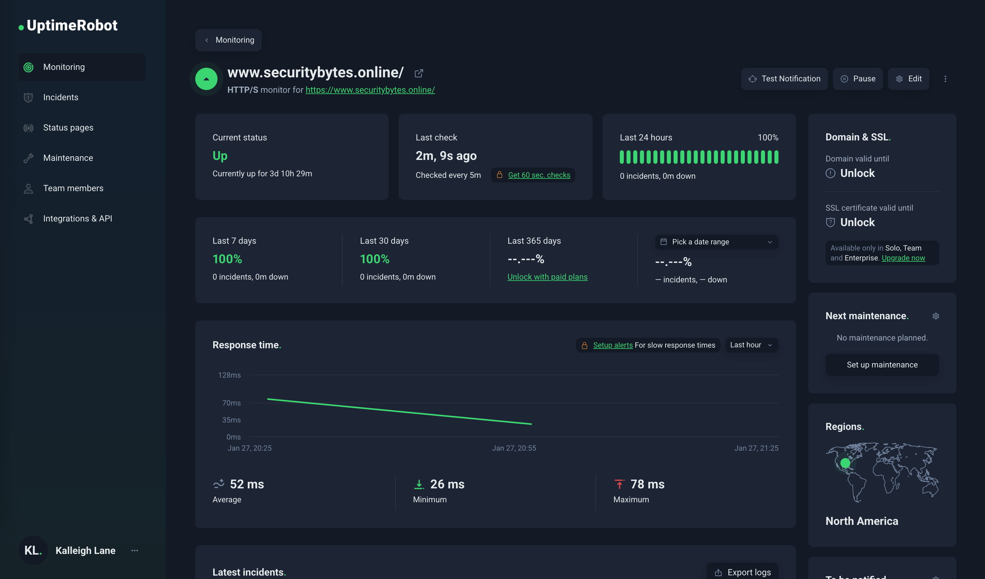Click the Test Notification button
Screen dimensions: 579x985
(784, 79)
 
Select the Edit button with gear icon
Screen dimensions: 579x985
(908, 79)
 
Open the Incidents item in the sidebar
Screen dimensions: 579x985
(61, 97)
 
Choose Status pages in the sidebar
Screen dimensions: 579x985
(68, 127)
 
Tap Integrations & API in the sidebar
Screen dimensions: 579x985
(77, 218)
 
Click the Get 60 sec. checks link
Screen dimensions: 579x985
(539, 175)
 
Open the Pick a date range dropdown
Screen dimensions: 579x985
(716, 242)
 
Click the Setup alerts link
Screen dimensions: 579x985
(612, 345)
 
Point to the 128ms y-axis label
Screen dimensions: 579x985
(230, 375)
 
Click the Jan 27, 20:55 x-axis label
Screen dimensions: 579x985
(514, 448)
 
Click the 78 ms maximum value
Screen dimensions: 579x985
(647, 484)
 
